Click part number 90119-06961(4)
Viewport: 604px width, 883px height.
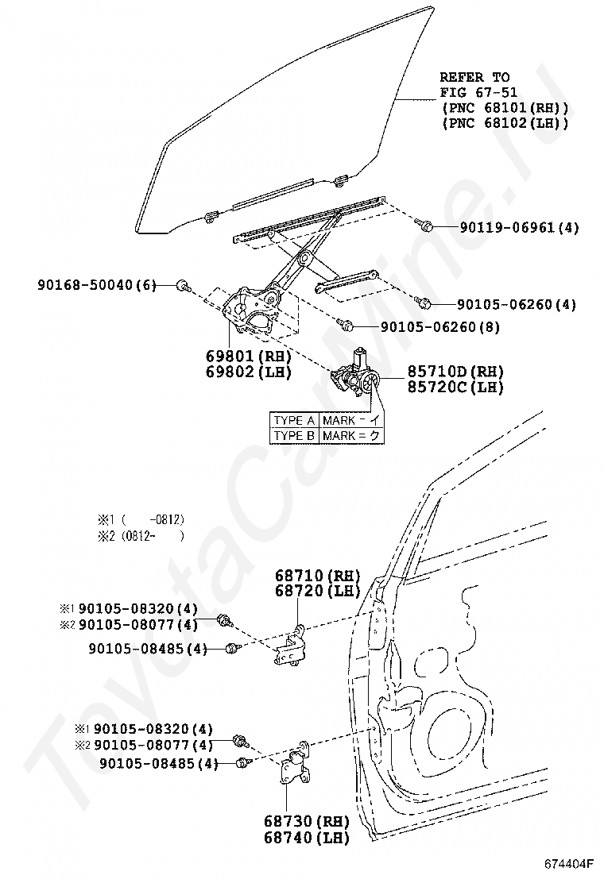click(519, 228)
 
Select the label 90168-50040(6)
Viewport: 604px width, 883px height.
click(97, 284)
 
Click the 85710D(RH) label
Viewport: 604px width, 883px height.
click(455, 372)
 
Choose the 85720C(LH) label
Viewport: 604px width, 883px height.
click(455, 387)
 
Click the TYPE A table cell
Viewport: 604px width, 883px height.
click(294, 421)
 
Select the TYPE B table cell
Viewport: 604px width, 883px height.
click(294, 435)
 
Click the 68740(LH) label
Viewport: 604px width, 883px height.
click(316, 836)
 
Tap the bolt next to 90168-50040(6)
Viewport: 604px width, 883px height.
click(182, 285)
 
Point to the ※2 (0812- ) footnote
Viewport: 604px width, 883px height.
click(141, 536)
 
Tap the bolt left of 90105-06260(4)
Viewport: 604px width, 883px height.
click(424, 303)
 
